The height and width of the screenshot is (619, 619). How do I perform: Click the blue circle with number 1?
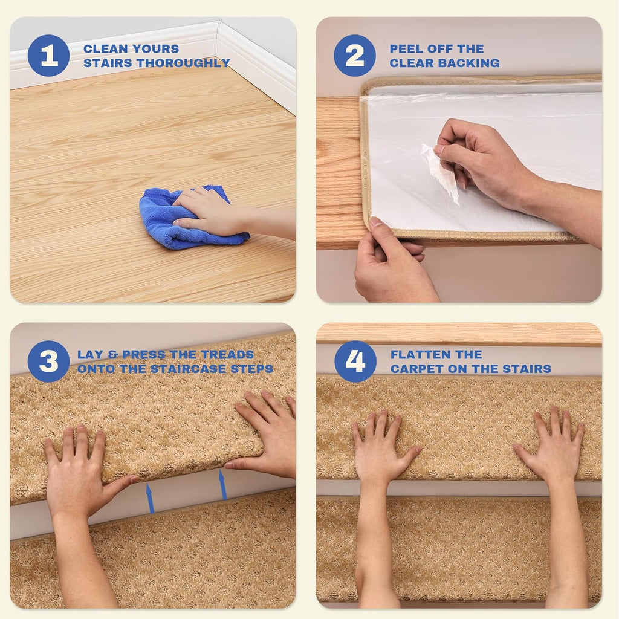48,56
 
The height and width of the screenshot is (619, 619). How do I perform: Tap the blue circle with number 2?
354,56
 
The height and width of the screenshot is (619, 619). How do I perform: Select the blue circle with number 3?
48,361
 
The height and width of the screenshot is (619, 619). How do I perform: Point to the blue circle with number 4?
355,361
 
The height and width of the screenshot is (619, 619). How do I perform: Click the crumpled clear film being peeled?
440,172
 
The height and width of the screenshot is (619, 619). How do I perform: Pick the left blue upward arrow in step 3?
150,498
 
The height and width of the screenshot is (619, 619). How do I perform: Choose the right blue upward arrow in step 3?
222,484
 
